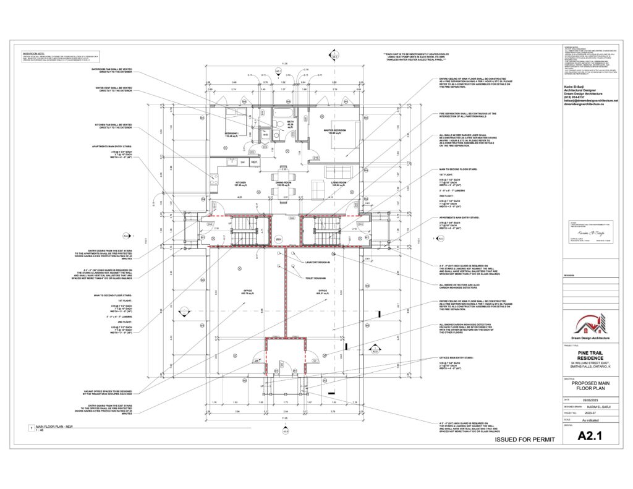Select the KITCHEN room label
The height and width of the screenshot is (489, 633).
(x=242, y=183)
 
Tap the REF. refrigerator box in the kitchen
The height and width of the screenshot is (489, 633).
(x=254, y=163)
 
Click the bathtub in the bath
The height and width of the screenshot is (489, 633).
(x=286, y=113)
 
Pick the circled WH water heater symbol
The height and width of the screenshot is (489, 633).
(x=279, y=239)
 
